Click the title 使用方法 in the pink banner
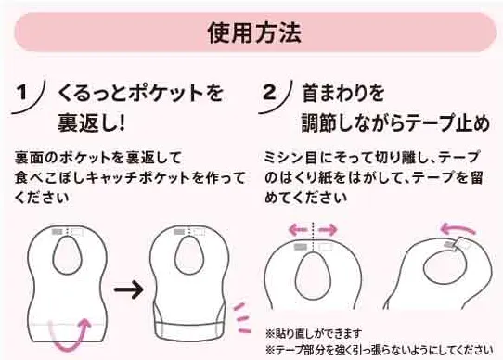[x=254, y=32]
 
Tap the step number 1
[x=22, y=92]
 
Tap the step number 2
[x=269, y=92]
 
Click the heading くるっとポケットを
[x=140, y=93]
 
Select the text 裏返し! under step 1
[x=91, y=123]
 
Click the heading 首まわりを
[x=343, y=93]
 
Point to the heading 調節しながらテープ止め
[x=396, y=123]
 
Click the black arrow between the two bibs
[x=129, y=289]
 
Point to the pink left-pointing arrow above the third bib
[x=299, y=230]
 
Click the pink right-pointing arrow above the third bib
[x=328, y=230]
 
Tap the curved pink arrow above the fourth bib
[x=458, y=229]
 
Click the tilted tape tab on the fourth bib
[x=462, y=244]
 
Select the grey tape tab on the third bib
[x=301, y=247]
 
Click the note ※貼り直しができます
[x=314, y=334]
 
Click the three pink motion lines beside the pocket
[x=242, y=317]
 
